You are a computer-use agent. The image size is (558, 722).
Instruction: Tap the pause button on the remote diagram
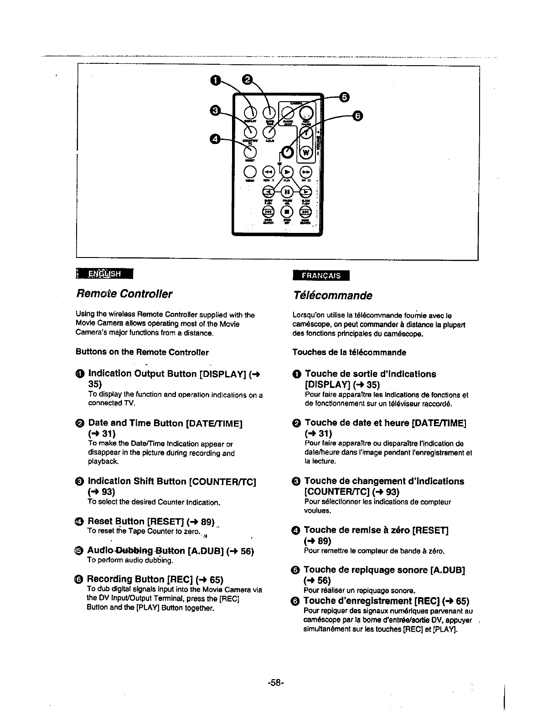coord(287,191)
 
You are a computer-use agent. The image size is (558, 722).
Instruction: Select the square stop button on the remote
coord(287,212)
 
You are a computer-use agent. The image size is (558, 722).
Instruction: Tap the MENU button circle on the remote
coord(249,171)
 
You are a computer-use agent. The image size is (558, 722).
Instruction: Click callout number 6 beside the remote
coord(358,116)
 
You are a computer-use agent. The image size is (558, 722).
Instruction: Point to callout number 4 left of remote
coord(214,138)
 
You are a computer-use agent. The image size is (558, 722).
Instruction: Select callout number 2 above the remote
coord(247,80)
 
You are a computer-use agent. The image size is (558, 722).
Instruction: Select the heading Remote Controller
coord(124,294)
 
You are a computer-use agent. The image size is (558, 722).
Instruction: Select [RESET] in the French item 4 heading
coord(430,530)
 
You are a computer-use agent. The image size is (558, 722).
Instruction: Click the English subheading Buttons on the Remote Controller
coord(142,352)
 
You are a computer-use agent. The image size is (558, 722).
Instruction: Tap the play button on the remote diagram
coord(287,171)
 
